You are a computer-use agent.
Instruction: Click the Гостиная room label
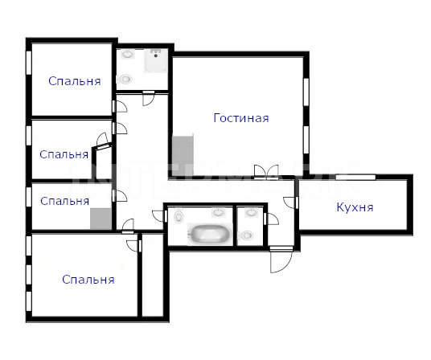tap(241, 118)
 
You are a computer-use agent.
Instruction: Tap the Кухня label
tap(355, 207)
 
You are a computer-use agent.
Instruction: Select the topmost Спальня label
tap(75, 81)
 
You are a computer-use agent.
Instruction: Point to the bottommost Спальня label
tap(88, 280)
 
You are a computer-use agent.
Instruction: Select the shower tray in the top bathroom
tap(155, 61)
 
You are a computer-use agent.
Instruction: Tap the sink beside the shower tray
tap(128, 54)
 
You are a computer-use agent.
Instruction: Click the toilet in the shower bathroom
tap(125, 80)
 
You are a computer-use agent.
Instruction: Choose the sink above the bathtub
tap(218, 212)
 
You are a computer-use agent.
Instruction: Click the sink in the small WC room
tap(251, 212)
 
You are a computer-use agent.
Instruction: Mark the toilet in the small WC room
tap(246, 235)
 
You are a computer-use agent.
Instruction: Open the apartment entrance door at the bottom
tap(281, 260)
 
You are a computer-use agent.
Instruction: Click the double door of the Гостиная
tap(266, 172)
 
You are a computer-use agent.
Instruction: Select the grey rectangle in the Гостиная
tap(183, 155)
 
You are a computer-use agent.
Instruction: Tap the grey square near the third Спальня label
tap(101, 219)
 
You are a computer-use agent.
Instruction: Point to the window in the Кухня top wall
tap(355, 177)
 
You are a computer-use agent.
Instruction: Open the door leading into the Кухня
tap(290, 202)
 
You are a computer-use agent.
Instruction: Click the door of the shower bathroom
tap(149, 98)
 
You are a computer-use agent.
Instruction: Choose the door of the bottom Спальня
tap(133, 246)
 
